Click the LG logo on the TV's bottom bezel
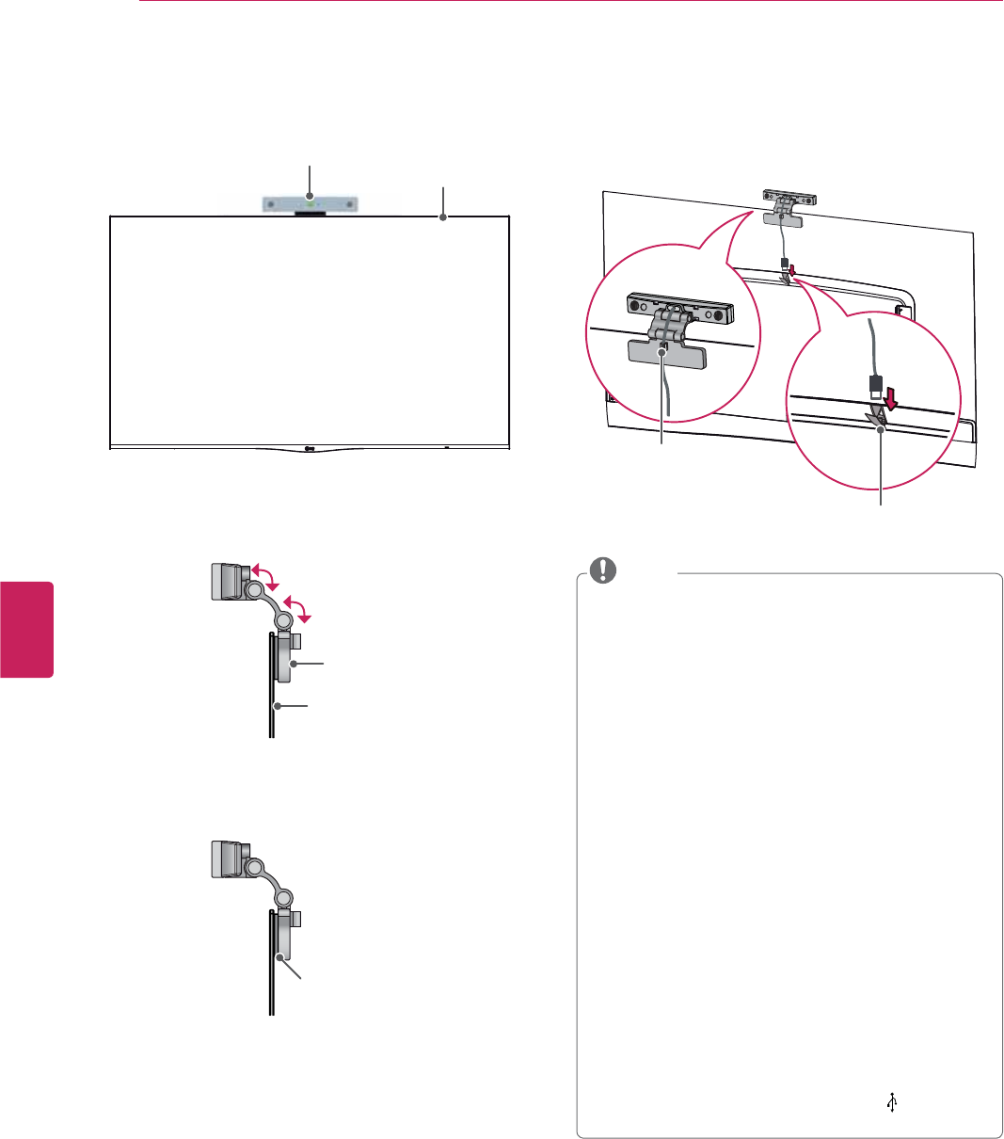pyautogui.click(x=310, y=447)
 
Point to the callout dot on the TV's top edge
pyautogui.click(x=442, y=217)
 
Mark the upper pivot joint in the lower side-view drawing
pyautogui.click(x=252, y=871)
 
